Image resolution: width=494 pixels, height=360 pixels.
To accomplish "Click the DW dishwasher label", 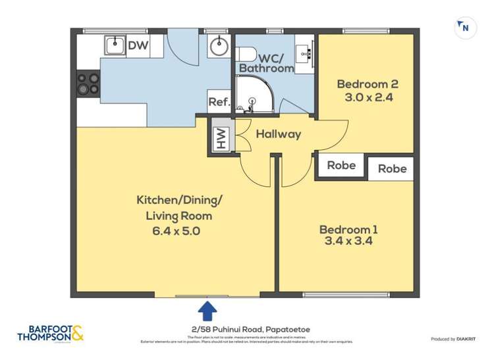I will pyautogui.click(x=137, y=45).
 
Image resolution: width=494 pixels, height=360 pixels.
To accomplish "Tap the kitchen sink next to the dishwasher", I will pyautogui.click(x=113, y=45).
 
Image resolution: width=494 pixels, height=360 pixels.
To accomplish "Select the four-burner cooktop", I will pyautogui.click(x=88, y=84).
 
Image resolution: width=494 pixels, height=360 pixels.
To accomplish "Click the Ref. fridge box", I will pyautogui.click(x=219, y=102).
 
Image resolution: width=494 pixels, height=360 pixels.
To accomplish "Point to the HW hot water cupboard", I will pyautogui.click(x=221, y=138).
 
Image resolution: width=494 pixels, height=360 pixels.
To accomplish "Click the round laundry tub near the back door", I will pyautogui.click(x=219, y=47).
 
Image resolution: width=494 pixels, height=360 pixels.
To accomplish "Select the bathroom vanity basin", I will pyautogui.click(x=304, y=50).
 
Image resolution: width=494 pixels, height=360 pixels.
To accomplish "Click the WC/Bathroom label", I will pyautogui.click(x=266, y=62).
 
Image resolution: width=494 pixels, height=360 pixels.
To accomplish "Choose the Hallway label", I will pyautogui.click(x=278, y=134).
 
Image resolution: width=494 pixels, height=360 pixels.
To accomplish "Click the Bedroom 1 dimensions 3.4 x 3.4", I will pyautogui.click(x=348, y=241).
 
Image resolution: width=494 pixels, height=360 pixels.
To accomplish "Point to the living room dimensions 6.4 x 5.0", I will pyautogui.click(x=175, y=231).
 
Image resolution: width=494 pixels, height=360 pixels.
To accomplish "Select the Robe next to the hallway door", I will pyautogui.click(x=341, y=165).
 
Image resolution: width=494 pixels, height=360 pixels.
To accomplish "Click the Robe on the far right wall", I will pyautogui.click(x=392, y=168).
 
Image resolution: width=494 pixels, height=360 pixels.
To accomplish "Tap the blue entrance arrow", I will pyautogui.click(x=207, y=310).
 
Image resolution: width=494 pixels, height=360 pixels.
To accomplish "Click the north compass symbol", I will pyautogui.click(x=465, y=28).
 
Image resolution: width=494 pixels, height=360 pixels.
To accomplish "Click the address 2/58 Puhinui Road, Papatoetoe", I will pyautogui.click(x=247, y=329).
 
